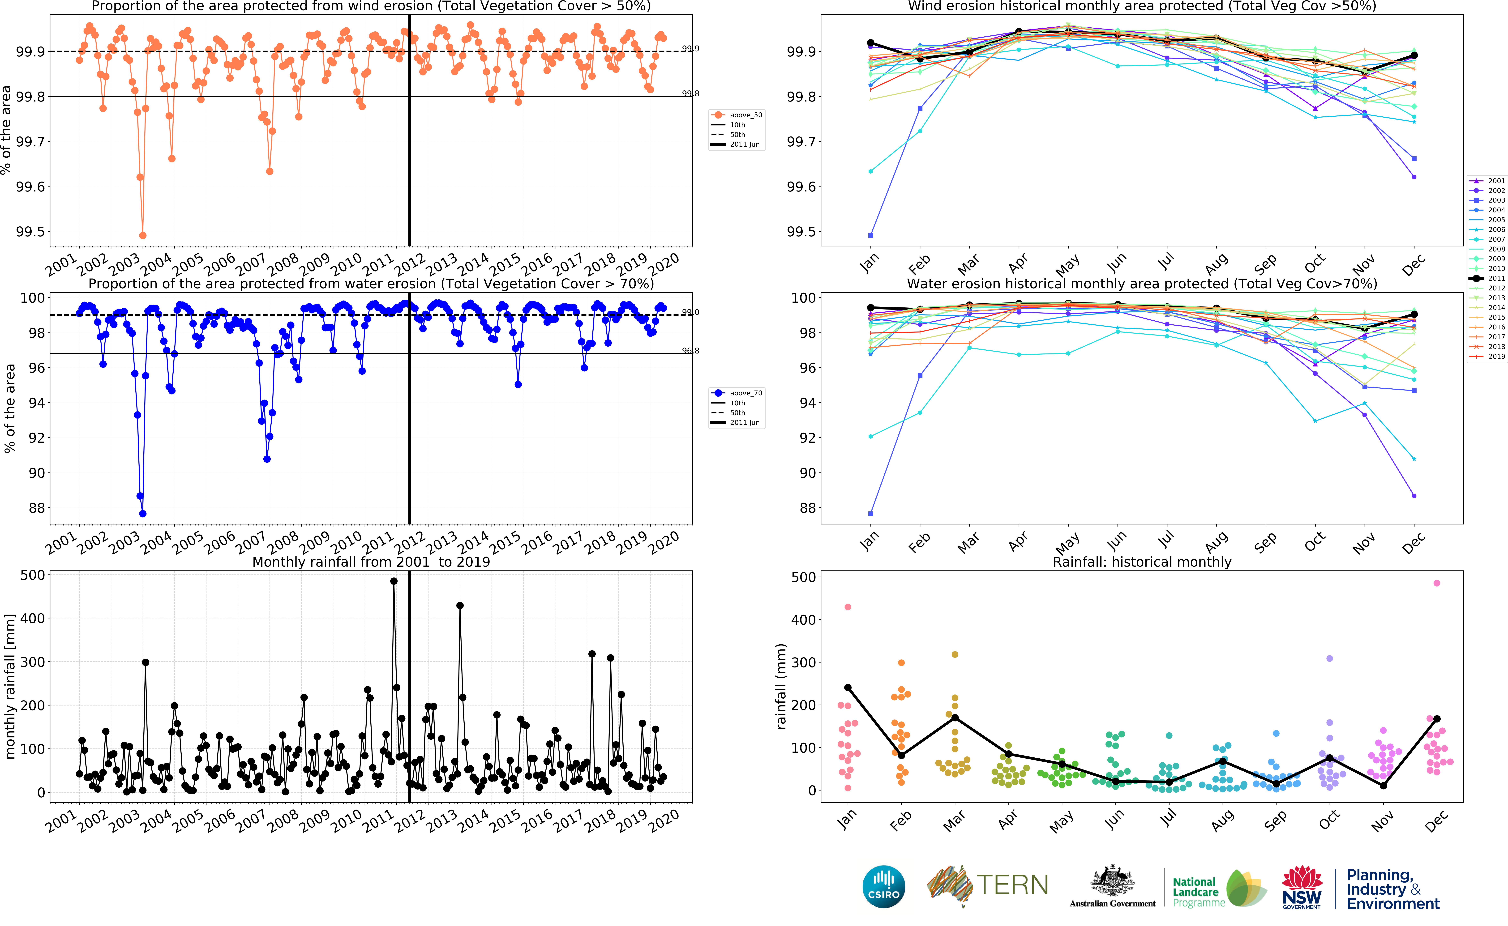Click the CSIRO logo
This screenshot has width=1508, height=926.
pos(883,886)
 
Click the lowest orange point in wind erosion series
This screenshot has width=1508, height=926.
pos(143,235)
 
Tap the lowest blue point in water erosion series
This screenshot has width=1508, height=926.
pos(143,514)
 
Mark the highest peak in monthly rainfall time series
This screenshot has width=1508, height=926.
pos(394,581)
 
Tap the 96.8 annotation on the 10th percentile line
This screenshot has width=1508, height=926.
pos(690,351)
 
